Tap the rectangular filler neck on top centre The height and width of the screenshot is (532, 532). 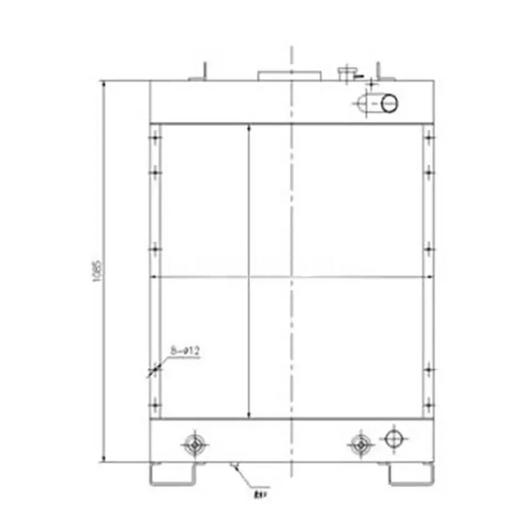[289, 74]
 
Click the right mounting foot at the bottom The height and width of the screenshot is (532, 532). [412, 473]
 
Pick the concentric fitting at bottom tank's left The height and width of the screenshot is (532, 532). [194, 444]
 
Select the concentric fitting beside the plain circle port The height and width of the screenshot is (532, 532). [360, 444]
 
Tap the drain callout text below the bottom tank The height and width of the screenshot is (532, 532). [258, 493]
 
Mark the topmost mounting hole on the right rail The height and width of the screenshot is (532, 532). [429, 138]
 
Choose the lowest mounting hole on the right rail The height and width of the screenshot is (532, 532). [429, 404]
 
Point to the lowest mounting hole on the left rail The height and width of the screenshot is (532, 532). [156, 404]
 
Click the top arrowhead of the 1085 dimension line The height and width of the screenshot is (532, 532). [104, 83]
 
